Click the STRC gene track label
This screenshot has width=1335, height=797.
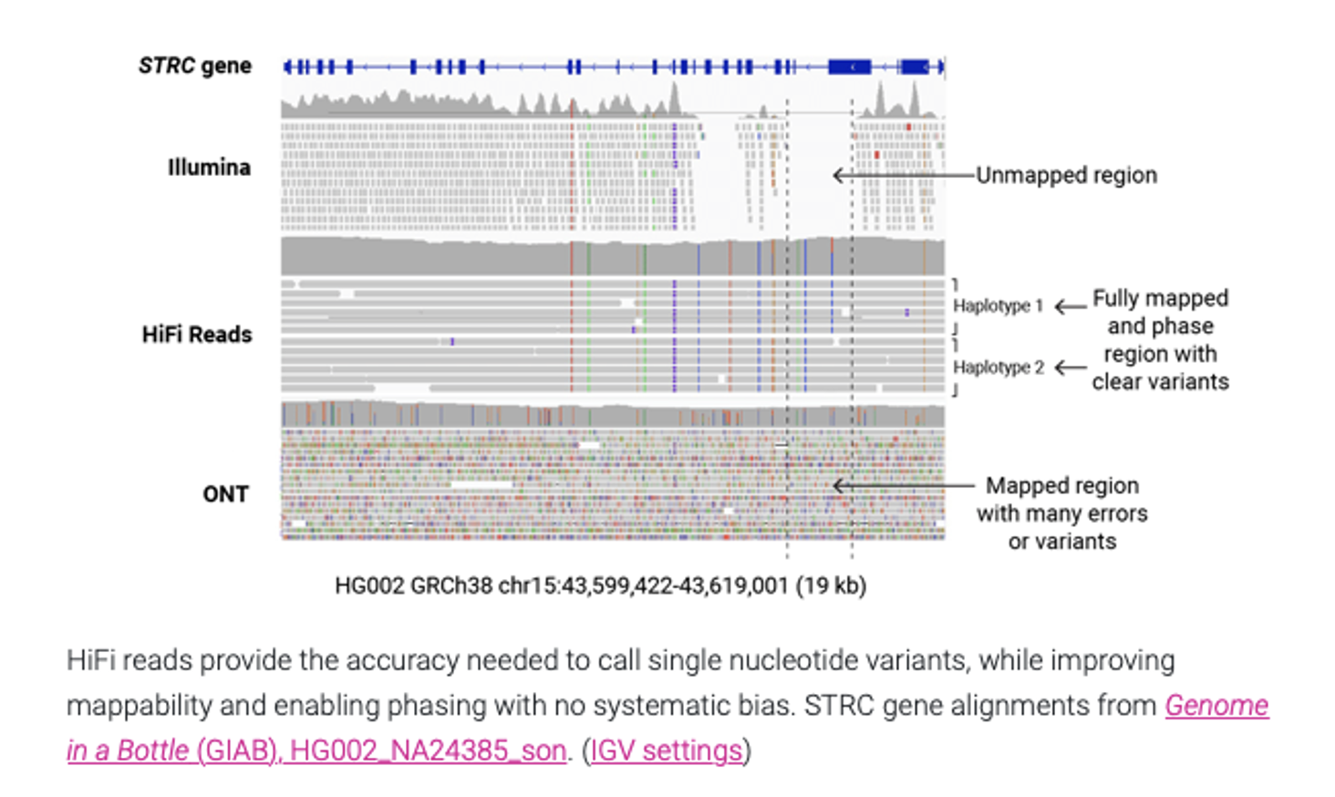[194, 66]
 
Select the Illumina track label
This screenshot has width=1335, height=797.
[209, 167]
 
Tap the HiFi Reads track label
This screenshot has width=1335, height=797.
[196, 335]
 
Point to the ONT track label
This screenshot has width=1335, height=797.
[225, 494]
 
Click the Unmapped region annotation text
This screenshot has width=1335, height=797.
[1066, 175]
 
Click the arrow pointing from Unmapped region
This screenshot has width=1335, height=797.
[903, 175]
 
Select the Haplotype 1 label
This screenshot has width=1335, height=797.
[998, 306]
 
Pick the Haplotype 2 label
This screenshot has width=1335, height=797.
[998, 367]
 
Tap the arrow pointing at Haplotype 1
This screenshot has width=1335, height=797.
[1071, 306]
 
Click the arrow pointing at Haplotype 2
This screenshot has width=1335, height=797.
[1071, 367]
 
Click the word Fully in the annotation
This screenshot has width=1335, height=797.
[1116, 298]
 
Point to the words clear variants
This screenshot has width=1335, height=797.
[1160, 381]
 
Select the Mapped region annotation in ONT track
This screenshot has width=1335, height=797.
[1062, 485]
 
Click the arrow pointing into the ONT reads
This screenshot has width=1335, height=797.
[903, 485]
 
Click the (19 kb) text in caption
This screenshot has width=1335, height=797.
[831, 585]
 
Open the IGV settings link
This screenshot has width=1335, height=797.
[667, 750]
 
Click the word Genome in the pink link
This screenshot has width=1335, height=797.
[1216, 705]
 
